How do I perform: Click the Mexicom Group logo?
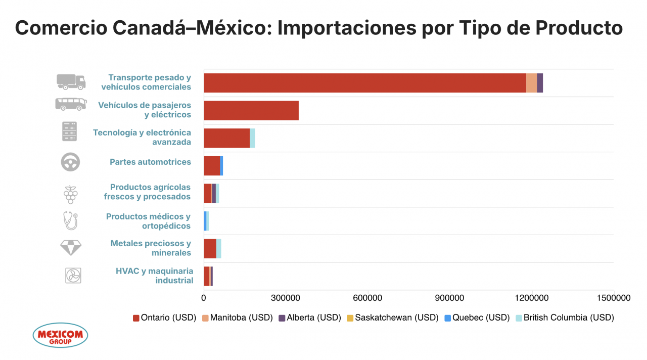pos(60,335)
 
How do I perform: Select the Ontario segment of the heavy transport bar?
pos(364,83)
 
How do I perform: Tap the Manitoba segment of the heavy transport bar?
pos(531,83)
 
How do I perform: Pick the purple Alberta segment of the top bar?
pos(540,83)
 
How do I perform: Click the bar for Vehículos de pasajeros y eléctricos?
pos(251,110)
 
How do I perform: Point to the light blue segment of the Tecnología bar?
pos(252,138)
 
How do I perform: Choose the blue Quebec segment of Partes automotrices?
pos(221,165)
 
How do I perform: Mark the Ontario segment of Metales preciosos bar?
pos(210,248)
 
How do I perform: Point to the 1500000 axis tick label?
pos(613,298)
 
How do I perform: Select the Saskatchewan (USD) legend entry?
pos(392,318)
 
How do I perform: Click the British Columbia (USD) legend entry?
pos(564,318)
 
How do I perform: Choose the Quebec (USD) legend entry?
pos(477,318)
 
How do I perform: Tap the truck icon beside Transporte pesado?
pos(71,81)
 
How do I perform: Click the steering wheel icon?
pos(70,162)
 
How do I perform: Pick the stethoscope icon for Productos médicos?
pos(70,220)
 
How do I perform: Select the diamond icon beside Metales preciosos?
pos(70,248)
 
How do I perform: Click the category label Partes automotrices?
pos(150,162)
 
